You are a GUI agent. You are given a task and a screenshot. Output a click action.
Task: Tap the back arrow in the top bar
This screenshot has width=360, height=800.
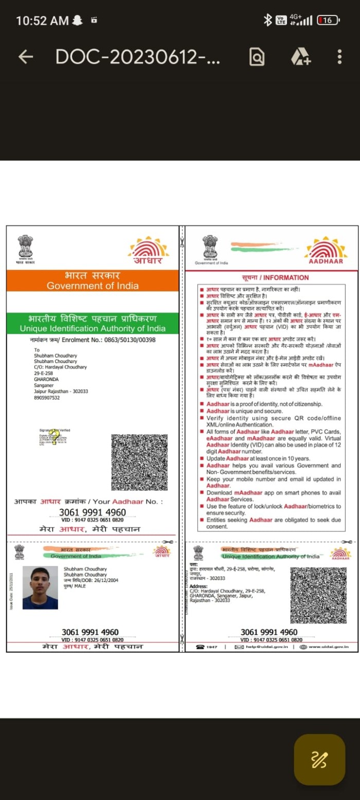25,57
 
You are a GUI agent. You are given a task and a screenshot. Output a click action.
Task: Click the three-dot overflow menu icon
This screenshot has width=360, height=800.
339,57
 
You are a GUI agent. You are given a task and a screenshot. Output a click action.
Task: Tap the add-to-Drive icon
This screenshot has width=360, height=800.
301,57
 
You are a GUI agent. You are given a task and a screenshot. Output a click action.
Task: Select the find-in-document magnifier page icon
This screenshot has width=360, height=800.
257,57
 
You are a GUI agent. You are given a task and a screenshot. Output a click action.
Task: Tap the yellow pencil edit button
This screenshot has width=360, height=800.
319,759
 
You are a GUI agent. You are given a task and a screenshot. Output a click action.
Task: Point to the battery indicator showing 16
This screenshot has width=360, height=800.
328,20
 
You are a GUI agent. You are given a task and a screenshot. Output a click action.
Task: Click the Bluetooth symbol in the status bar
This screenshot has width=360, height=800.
267,20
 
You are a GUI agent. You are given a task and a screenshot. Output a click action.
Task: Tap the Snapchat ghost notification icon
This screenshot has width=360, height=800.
78,20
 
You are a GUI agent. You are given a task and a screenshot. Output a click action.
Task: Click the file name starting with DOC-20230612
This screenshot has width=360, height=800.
138,57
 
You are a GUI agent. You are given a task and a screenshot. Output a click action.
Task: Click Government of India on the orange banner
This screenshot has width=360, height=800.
93,286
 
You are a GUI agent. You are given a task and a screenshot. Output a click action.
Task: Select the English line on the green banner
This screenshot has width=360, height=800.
93,329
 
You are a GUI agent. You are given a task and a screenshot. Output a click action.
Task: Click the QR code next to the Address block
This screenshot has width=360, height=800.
318,595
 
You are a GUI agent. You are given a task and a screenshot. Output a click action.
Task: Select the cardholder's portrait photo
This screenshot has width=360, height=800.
40,587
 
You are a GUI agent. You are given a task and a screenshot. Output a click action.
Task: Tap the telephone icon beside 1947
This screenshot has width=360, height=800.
200,646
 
